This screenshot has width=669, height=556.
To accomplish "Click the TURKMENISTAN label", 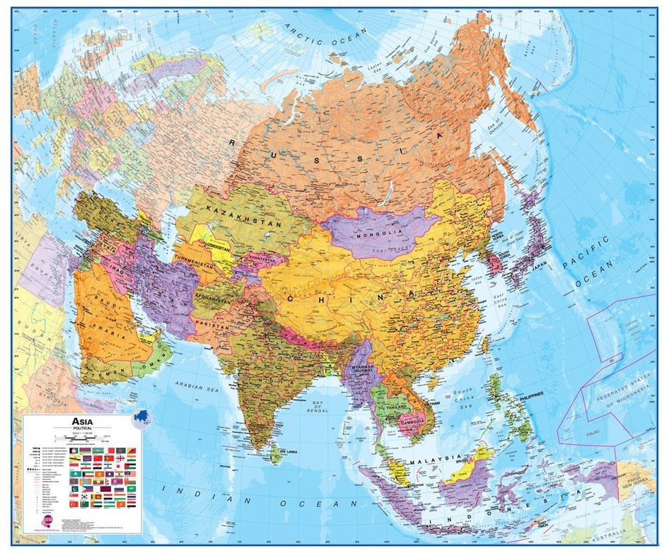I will coord(203,260).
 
